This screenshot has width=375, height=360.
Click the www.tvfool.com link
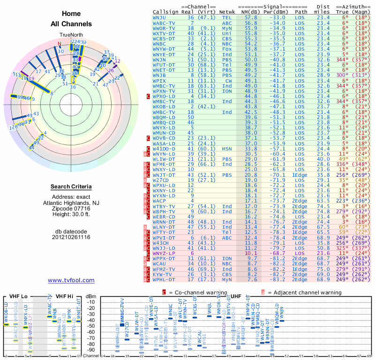[x=71, y=280]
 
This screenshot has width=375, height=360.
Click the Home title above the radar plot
[x=71, y=14]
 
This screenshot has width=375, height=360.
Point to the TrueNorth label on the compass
[x=71, y=35]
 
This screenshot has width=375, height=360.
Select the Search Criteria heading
[x=71, y=187]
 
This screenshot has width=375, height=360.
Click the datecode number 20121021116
[x=71, y=237]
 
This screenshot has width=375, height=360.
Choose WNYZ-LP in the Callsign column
[x=164, y=253]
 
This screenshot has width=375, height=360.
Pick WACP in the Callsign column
[x=160, y=200]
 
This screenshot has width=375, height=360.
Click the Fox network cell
[x=227, y=49]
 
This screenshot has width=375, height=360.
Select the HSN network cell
[x=227, y=149]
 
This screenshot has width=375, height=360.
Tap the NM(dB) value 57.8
[x=250, y=17]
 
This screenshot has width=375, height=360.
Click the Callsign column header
[x=166, y=12]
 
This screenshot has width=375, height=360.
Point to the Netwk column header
[x=227, y=12]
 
